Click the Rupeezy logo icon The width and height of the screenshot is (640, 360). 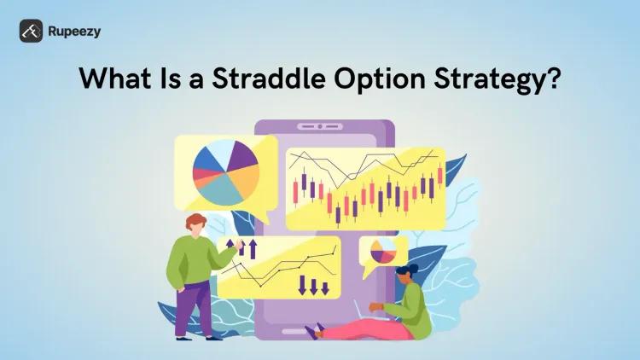point(32,31)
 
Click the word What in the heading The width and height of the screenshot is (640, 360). point(112,79)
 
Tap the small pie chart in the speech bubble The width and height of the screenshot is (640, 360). point(383,251)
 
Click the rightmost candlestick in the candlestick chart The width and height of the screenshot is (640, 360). point(440,176)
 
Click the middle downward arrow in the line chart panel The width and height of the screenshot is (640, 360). point(313,285)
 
